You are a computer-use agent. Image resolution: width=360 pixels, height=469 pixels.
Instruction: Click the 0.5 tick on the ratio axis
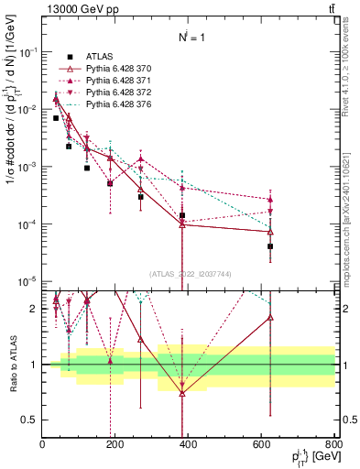pos(30,420)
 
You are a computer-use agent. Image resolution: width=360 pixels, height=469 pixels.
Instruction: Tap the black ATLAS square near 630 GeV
pos(270,246)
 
